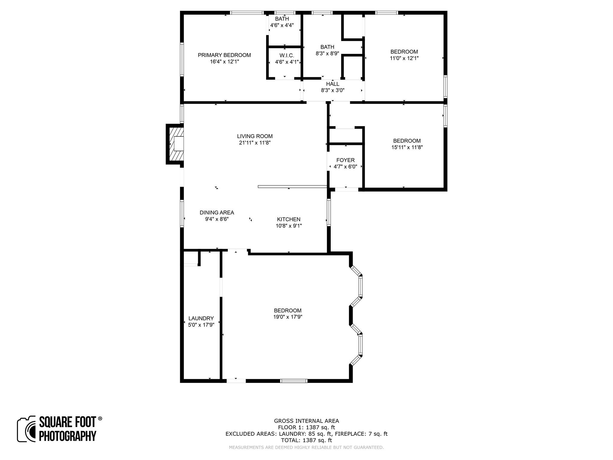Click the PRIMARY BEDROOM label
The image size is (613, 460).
coord(224,55)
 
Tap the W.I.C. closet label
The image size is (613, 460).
coord(287,56)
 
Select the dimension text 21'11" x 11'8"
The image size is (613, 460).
coord(255,143)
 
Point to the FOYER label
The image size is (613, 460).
coord(345,160)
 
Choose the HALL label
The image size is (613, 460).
coord(333,84)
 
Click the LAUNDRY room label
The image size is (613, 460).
coord(201,318)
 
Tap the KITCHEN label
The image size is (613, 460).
coord(289,219)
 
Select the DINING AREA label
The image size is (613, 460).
coord(217,213)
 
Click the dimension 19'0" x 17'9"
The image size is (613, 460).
coord(288,317)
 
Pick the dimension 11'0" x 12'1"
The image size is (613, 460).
coord(404,58)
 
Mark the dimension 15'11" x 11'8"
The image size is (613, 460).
coord(407,147)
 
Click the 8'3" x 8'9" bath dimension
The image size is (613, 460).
coord(327,54)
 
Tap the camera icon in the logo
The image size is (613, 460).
coord(26,429)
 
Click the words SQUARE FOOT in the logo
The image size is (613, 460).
coord(67,422)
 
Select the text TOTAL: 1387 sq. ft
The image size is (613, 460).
coord(306,440)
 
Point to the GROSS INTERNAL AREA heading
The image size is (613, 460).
coord(306,421)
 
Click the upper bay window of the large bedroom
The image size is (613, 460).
coord(360,286)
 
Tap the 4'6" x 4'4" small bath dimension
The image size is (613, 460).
coord(282,25)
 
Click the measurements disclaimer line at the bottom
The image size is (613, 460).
coord(306,447)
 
